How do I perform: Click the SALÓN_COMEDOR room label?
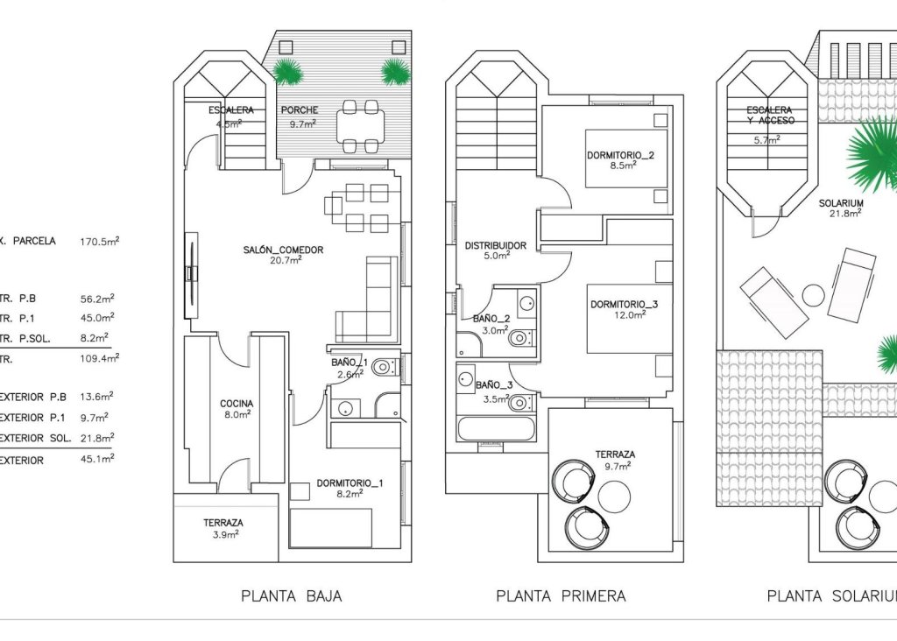283,250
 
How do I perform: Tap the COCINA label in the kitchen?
237,404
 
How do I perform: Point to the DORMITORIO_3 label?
624,304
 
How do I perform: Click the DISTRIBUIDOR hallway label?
495,245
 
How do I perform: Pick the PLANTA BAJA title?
291,596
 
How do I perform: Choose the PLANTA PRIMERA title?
561,596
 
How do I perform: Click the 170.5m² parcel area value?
99,241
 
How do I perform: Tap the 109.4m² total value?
99,357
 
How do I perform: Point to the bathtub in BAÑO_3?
496,430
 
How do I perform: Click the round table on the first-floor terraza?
613,497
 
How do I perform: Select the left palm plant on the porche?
287,71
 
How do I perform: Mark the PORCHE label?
299,110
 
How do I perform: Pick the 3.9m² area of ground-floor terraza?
223,533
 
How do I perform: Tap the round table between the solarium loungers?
814,296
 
